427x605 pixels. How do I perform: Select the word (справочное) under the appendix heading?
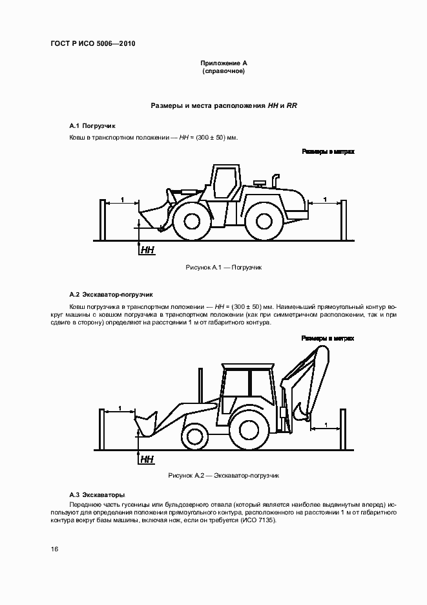224,71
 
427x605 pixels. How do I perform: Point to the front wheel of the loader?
192,220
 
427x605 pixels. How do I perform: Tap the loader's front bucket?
152,217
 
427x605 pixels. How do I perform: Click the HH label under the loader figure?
147,249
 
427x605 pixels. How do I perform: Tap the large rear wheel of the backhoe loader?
249,427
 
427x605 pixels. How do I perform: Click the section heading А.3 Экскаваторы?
97,494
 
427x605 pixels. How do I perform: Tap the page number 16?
56,549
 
